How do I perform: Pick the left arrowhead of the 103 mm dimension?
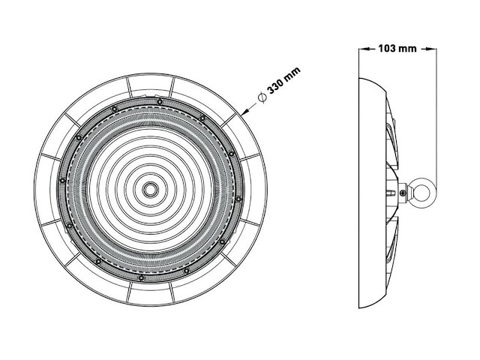pyautogui.click(x=364, y=49)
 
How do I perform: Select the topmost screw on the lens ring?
pyautogui.click(x=160, y=99)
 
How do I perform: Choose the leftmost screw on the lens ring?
pyautogui.click(x=60, y=181)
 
